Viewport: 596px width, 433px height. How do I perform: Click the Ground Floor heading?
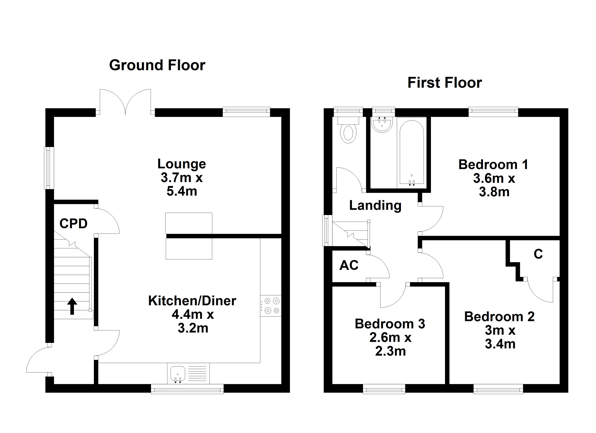pyautogui.click(x=157, y=65)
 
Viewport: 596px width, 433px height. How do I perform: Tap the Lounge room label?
pyautogui.click(x=182, y=164)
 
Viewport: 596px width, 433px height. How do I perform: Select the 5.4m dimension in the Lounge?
pyautogui.click(x=182, y=191)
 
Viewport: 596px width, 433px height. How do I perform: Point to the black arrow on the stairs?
pyautogui.click(x=72, y=306)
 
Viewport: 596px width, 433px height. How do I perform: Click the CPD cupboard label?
pyautogui.click(x=73, y=224)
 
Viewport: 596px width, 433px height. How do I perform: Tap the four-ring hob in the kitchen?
pyautogui.click(x=271, y=306)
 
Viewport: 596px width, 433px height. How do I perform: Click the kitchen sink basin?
pyautogui.click(x=178, y=373)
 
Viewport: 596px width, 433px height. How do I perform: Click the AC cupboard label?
pyautogui.click(x=349, y=265)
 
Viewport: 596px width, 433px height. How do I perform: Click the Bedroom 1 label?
pyautogui.click(x=493, y=165)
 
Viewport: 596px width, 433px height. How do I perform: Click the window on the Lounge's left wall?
pyautogui.click(x=49, y=168)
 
